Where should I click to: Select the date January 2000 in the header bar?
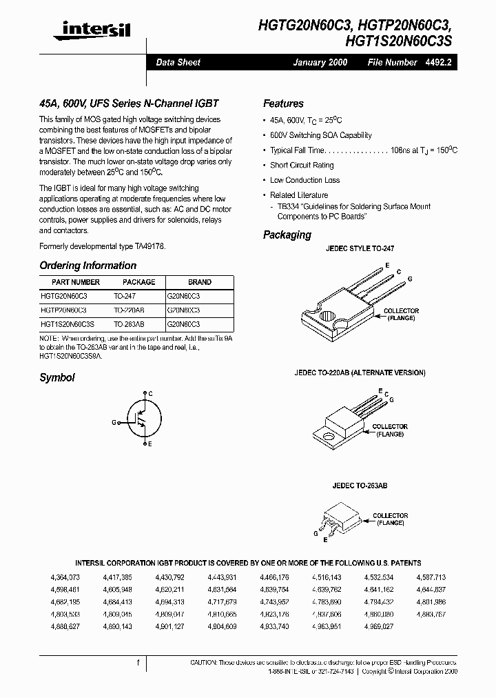click(320, 62)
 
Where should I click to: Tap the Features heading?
click(283, 103)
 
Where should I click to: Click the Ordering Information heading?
click(87, 266)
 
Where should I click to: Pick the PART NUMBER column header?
click(76, 282)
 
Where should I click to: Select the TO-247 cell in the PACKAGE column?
click(124, 295)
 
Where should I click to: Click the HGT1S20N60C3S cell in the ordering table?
click(68, 323)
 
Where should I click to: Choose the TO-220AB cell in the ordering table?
click(129, 310)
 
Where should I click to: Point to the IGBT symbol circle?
click(143, 418)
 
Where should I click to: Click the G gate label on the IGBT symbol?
click(114, 421)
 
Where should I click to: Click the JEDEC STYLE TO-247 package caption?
click(360, 248)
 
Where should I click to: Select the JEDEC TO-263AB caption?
click(360, 486)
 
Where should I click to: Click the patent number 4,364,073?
click(65, 577)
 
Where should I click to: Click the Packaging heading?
click(287, 235)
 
